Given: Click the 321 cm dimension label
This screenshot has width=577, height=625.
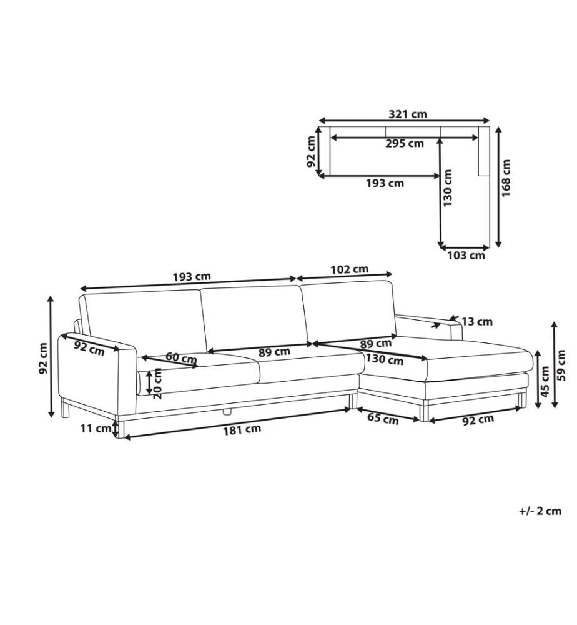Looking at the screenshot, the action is click(x=407, y=114).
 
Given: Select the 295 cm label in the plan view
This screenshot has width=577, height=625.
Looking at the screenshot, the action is click(x=404, y=144).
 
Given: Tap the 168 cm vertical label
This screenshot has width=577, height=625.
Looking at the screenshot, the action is click(x=506, y=178).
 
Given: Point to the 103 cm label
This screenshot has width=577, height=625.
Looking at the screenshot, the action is click(x=466, y=256).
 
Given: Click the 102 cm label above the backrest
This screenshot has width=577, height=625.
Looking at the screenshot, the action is click(x=349, y=270).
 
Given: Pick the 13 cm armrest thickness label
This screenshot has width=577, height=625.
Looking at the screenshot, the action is click(x=477, y=321).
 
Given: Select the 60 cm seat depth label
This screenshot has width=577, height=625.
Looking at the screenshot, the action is click(x=181, y=358).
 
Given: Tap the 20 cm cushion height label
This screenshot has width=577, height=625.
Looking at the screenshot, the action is click(x=158, y=384).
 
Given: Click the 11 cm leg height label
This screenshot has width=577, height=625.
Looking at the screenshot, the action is click(x=96, y=429).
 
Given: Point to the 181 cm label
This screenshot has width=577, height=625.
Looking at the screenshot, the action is click(x=242, y=430).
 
